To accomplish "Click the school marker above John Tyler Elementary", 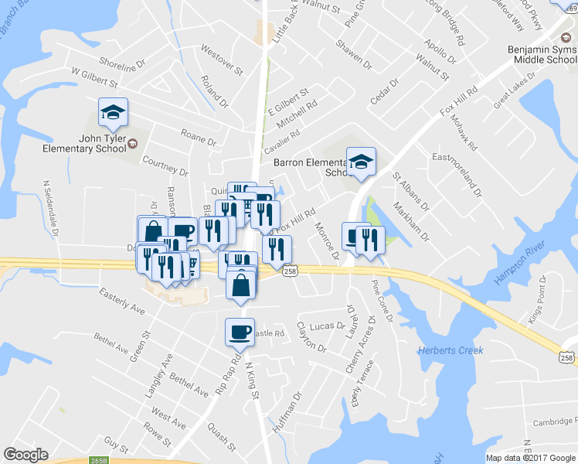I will (x=113, y=113).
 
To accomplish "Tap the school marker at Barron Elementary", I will (x=361, y=162).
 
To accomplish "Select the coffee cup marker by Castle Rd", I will (x=240, y=333).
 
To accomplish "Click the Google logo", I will (x=25, y=455).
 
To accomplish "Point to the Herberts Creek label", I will (x=450, y=350).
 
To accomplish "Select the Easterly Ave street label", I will (x=122, y=301).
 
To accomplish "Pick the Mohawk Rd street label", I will (x=466, y=133).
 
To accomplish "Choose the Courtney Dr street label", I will (x=165, y=165).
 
